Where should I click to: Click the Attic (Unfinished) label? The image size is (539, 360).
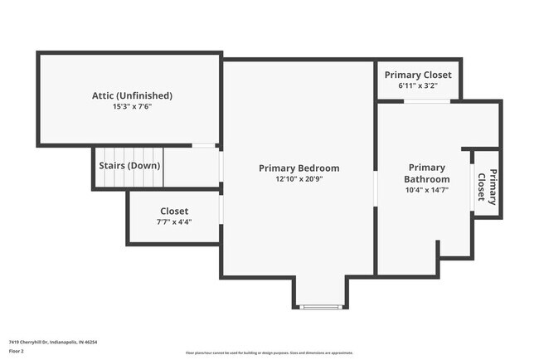(132, 95)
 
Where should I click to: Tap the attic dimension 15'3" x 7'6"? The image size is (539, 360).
(132, 107)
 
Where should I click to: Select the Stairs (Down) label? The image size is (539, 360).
(129, 165)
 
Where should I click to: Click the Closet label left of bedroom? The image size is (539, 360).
(174, 212)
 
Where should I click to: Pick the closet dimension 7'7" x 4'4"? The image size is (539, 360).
(174, 222)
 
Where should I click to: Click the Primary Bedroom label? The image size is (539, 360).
(299, 168)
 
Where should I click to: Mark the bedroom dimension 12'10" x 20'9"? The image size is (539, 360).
(299, 179)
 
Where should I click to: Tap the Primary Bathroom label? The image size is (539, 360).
(427, 173)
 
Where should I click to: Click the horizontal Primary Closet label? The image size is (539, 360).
(418, 75)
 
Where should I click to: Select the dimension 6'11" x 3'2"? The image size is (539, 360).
(418, 85)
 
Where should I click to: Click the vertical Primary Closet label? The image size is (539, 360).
(487, 186)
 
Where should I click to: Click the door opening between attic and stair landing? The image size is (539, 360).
(203, 146)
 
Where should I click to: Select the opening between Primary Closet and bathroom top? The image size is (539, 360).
(427, 101)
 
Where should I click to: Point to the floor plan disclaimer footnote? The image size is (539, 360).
(269, 353)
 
